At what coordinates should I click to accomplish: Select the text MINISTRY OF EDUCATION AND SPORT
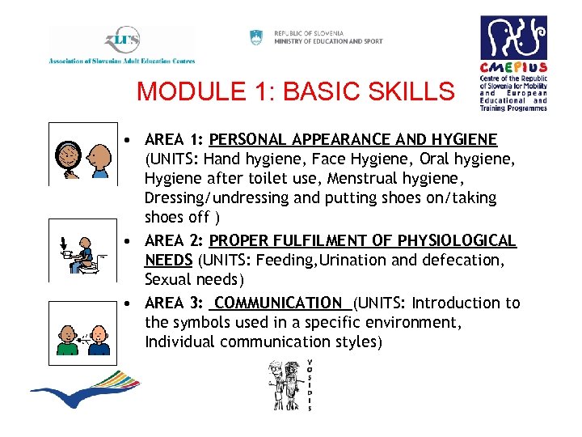tap(328, 41)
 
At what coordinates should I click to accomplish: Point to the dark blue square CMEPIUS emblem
tap(513, 37)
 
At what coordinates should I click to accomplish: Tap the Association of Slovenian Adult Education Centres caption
tap(121, 61)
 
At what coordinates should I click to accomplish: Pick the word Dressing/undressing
tap(213, 197)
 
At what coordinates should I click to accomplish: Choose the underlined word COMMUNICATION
tap(280, 303)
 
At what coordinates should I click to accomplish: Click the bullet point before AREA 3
tap(129, 304)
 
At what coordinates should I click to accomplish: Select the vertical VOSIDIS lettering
tap(310, 384)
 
